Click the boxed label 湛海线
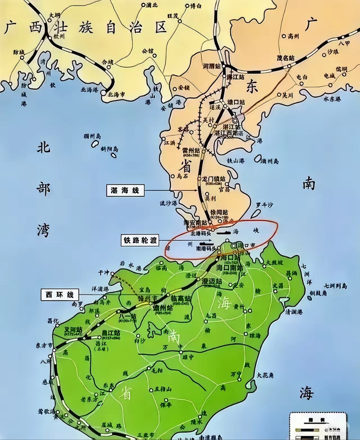click(x=125, y=190)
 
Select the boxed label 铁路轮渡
click(x=140, y=240)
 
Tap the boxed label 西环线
click(x=60, y=295)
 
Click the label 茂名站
click(x=286, y=58)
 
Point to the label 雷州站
click(x=191, y=150)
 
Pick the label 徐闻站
click(x=219, y=212)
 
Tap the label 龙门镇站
click(x=214, y=179)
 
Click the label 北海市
click(x=116, y=95)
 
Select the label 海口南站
click(x=230, y=267)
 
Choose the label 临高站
click(x=181, y=299)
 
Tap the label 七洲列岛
click(x=336, y=286)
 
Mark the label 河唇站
click(x=212, y=66)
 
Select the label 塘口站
click(x=236, y=102)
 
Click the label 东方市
click(x=44, y=345)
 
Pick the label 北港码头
click(x=201, y=234)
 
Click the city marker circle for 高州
click(x=284, y=36)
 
